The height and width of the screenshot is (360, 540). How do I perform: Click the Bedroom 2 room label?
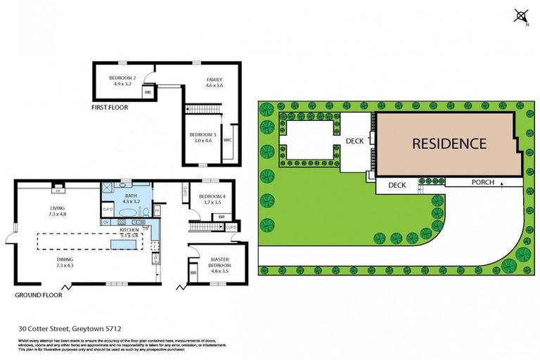pyautogui.click(x=122, y=78)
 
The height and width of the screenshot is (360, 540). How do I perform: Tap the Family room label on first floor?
pyautogui.click(x=214, y=80)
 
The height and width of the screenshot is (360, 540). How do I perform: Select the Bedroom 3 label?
pyautogui.click(x=202, y=137)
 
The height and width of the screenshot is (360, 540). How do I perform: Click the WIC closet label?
pyautogui.click(x=228, y=140)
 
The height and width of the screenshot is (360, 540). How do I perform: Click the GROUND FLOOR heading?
pyautogui.click(x=39, y=295)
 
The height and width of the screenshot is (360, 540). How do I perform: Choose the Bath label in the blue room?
pyautogui.click(x=131, y=196)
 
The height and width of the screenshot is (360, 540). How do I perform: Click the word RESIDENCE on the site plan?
pyautogui.click(x=449, y=144)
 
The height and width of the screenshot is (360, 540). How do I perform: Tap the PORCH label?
pyautogui.click(x=483, y=183)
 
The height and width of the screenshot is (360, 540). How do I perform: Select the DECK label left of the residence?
pyautogui.click(x=356, y=141)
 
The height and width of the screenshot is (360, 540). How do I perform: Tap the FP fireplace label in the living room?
pyautogui.click(x=56, y=189)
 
